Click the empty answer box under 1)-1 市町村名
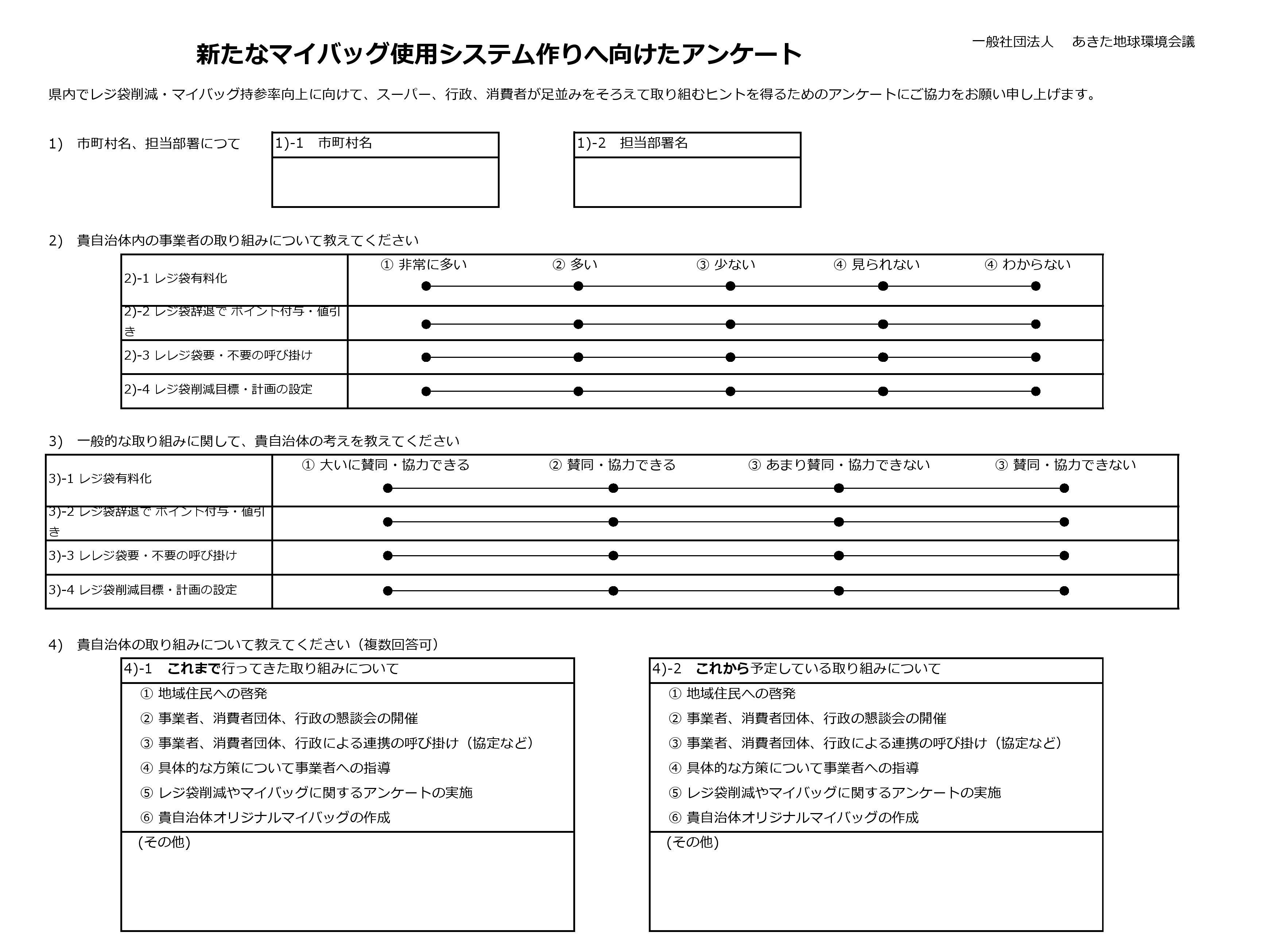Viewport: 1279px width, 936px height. (x=385, y=182)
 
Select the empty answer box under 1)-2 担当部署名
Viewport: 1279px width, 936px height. (x=687, y=182)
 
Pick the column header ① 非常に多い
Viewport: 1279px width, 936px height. (x=424, y=264)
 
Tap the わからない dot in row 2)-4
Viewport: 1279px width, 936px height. (x=1035, y=391)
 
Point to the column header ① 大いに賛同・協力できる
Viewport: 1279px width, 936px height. (x=386, y=465)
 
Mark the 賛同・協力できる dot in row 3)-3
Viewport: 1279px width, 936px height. (x=613, y=556)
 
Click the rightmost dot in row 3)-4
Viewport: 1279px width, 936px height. (x=1064, y=591)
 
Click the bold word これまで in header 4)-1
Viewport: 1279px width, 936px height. (x=194, y=669)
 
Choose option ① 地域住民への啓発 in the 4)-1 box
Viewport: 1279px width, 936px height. (x=204, y=693)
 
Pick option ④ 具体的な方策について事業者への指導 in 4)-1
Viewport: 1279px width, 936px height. (x=266, y=768)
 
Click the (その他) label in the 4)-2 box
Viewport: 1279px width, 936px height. (x=692, y=843)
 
